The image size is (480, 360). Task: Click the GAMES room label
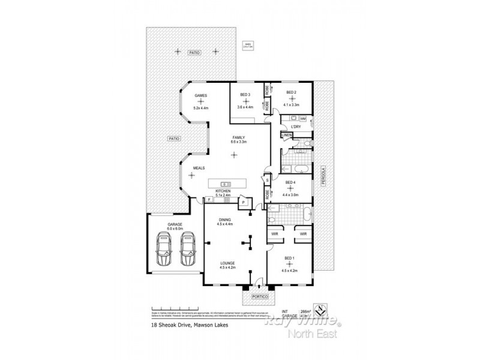(200, 97)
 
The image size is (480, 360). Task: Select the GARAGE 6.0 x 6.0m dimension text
(175, 229)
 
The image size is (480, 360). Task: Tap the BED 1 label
(290, 258)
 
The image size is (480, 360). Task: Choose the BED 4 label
(290, 182)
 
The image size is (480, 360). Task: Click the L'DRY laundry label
(295, 127)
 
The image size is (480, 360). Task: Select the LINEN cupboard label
(287, 135)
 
